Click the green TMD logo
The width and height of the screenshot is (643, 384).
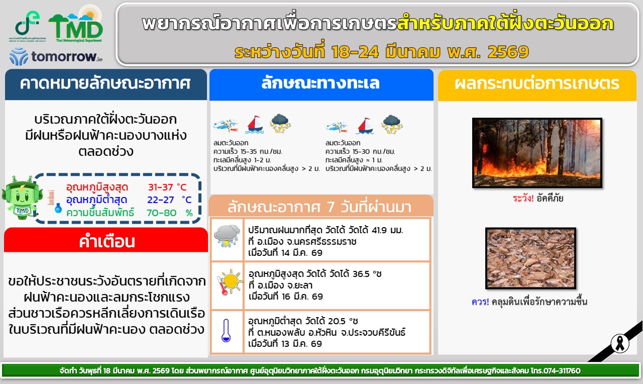point(76,25)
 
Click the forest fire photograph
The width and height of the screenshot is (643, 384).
point(537,153)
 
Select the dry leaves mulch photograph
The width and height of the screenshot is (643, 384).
point(530,258)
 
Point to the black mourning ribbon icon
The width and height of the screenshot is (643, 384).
point(620,343)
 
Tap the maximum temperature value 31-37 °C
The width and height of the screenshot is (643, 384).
point(167,187)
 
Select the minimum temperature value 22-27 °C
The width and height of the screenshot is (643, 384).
point(169,200)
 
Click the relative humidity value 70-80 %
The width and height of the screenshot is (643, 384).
point(169,213)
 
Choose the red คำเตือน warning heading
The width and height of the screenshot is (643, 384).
point(106,242)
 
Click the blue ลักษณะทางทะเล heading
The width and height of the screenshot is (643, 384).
point(320,83)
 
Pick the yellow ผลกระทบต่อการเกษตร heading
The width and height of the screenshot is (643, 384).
point(537,83)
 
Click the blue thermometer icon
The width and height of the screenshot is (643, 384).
point(226,330)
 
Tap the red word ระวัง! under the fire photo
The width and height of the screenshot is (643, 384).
point(523,198)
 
